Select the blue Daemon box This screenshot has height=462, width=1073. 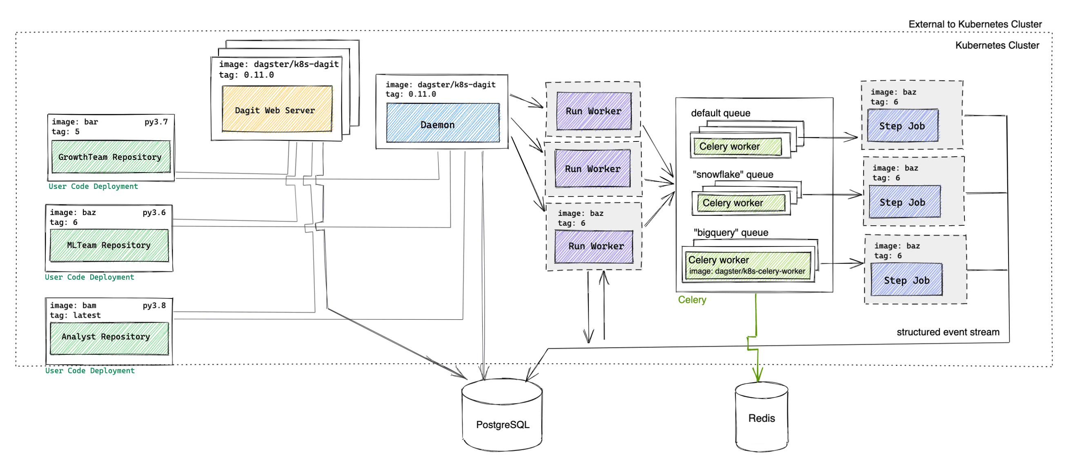click(x=443, y=123)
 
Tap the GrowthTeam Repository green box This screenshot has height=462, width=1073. click(x=110, y=157)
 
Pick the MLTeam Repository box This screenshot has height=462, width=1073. click(x=109, y=246)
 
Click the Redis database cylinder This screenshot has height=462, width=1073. click(x=761, y=418)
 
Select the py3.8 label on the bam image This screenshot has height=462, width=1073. click(x=154, y=306)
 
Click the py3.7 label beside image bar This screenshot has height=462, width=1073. click(x=156, y=122)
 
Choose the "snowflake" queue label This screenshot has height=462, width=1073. click(x=733, y=175)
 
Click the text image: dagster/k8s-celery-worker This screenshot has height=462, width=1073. click(x=747, y=271)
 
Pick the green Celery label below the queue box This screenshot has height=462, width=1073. click(x=692, y=300)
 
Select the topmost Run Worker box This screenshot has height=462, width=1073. click(x=594, y=111)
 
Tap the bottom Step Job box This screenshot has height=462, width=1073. click(x=906, y=280)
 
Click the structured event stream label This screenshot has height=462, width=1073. click(x=948, y=332)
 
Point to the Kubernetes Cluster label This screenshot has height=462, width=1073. click(x=997, y=45)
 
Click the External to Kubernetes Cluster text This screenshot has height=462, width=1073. click(x=975, y=24)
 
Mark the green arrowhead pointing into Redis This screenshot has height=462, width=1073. click(x=758, y=375)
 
